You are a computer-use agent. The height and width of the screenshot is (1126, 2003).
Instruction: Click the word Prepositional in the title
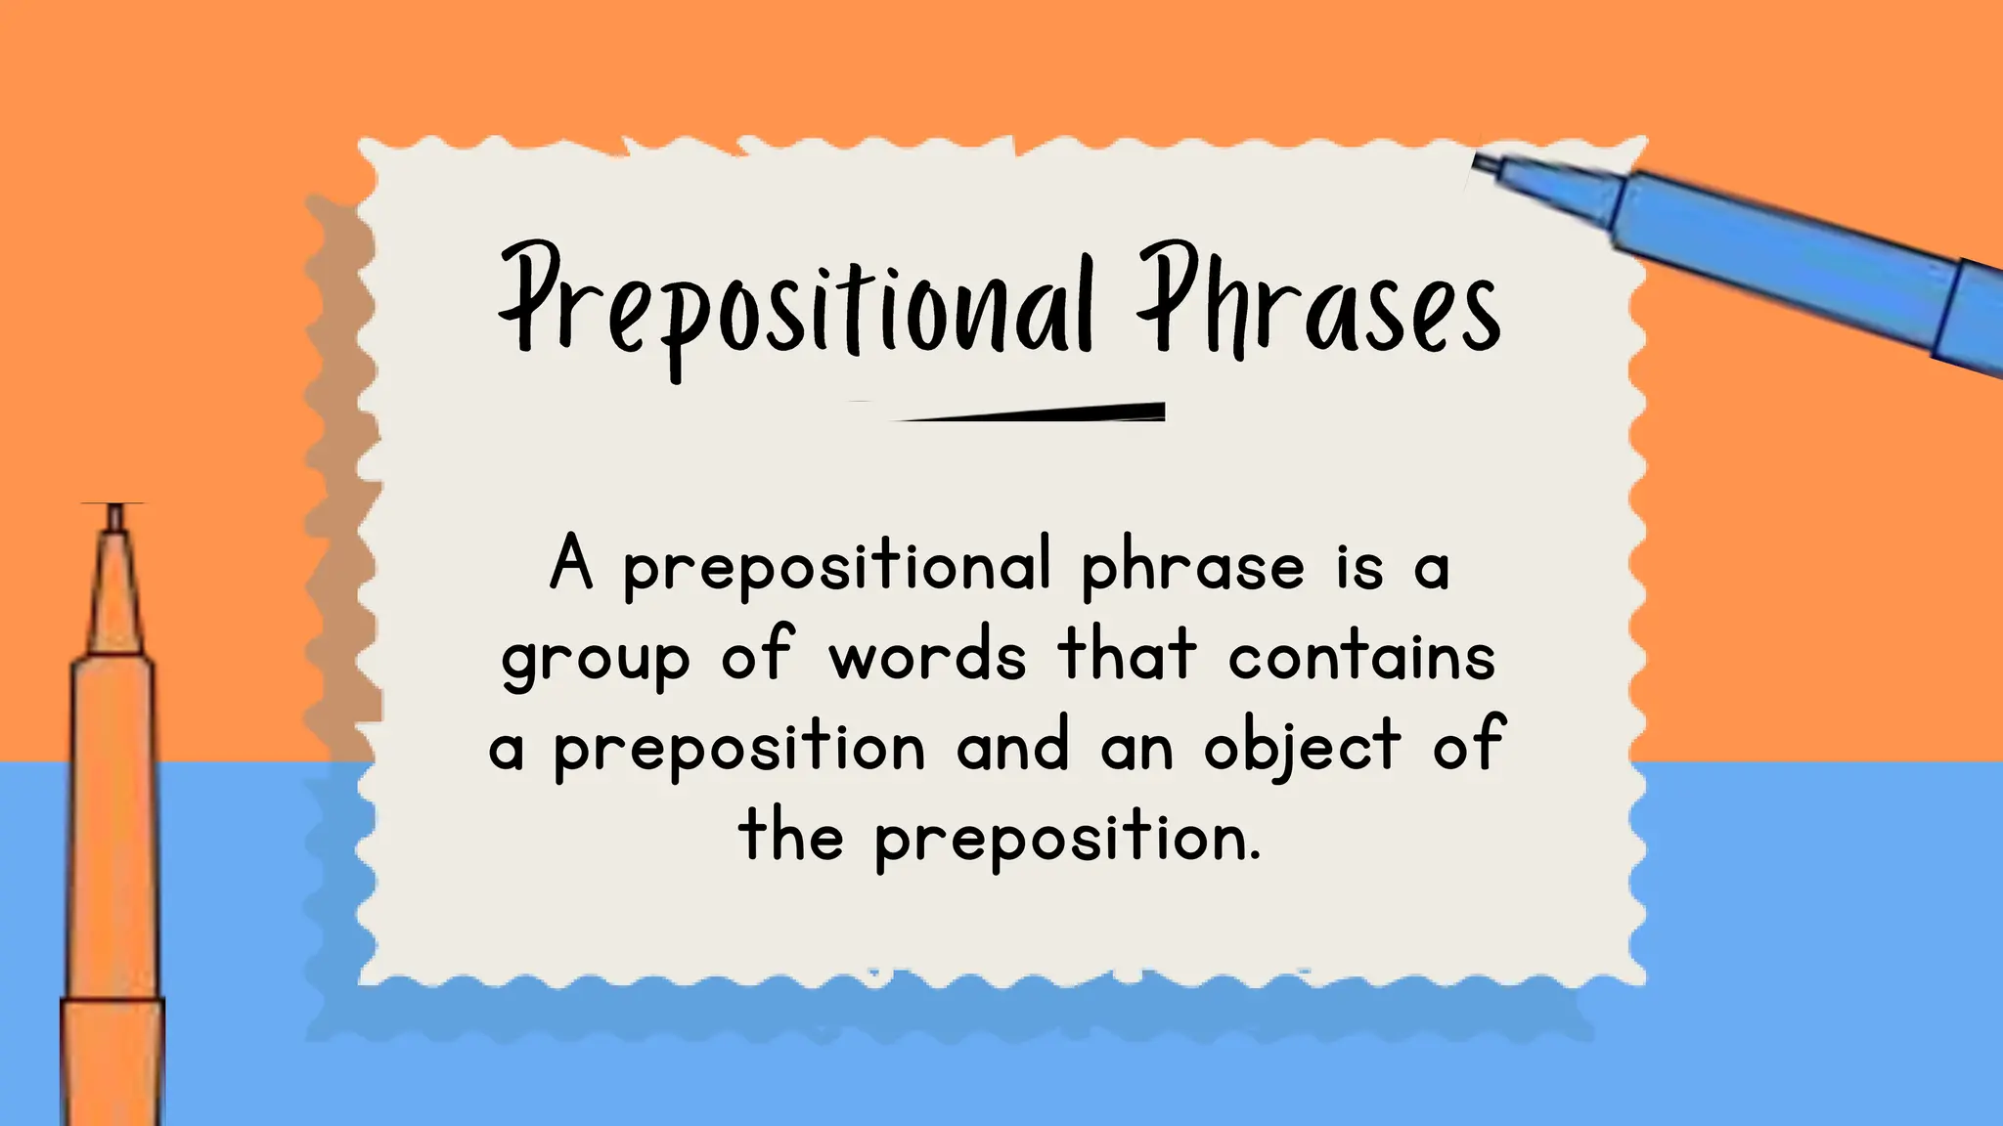(x=794, y=303)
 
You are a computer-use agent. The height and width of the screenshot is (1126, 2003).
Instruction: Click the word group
(x=596, y=659)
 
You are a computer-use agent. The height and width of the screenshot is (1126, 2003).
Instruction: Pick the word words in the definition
(x=927, y=655)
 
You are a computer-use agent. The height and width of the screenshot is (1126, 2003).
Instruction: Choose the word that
(x=1127, y=653)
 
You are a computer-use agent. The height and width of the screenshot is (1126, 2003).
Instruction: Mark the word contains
(x=1361, y=655)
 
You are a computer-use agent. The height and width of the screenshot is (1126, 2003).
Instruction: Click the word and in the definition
(x=1012, y=746)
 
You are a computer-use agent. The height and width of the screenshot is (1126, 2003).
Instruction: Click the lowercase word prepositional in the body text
(x=837, y=567)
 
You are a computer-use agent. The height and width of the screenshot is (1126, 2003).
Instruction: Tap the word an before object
(x=1136, y=748)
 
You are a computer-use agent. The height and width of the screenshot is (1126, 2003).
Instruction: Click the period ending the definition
(x=1255, y=857)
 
